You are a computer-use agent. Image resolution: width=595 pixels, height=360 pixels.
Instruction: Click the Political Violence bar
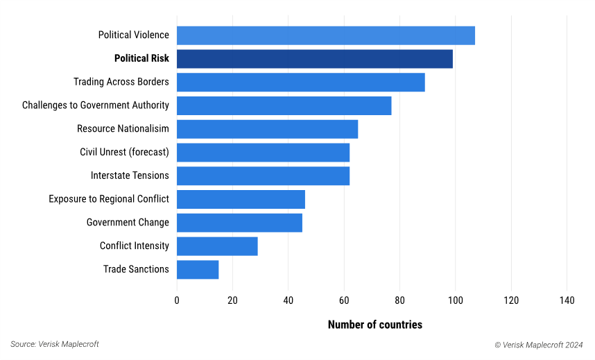(x=326, y=35)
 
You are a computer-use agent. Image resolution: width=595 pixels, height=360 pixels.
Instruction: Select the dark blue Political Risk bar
(x=315, y=59)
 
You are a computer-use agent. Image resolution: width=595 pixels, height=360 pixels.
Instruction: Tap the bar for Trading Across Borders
(x=301, y=82)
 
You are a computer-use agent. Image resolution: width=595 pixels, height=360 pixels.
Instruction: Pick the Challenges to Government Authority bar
(x=284, y=105)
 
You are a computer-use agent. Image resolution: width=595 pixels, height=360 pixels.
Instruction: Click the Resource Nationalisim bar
(x=268, y=129)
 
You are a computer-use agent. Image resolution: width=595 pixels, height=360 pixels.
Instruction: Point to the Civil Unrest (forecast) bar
(x=264, y=153)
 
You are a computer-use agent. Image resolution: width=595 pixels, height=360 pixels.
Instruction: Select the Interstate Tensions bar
(x=264, y=176)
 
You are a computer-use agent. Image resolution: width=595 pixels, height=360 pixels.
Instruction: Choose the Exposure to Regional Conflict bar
(x=241, y=199)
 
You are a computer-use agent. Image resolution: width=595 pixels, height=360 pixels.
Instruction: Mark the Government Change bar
(x=240, y=223)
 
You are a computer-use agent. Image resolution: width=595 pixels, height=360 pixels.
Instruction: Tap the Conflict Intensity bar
(x=217, y=246)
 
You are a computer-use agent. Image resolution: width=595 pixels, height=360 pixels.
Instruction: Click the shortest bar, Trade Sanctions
(x=198, y=270)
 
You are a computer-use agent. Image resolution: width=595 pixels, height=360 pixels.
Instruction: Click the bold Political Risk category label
(x=141, y=59)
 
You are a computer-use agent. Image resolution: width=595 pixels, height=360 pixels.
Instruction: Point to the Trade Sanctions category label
(x=136, y=269)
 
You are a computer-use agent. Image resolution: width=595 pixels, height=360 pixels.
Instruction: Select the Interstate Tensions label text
(x=130, y=175)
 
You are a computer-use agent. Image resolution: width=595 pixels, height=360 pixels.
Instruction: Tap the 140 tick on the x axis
(x=567, y=300)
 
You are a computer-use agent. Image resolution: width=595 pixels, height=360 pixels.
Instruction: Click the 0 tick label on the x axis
(x=177, y=300)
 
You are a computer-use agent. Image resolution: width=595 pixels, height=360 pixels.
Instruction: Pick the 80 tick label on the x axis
(x=399, y=300)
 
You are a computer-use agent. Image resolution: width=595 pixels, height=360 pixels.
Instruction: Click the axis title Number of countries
(x=374, y=325)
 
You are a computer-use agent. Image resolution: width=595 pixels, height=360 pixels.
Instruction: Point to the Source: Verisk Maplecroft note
(x=55, y=345)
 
